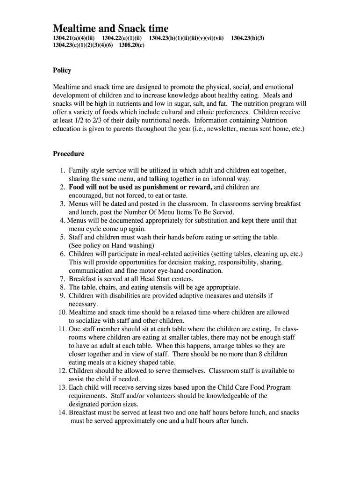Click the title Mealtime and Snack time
tap(110, 28)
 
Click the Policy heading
tap(62, 71)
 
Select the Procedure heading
tap(68, 154)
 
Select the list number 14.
tap(62, 413)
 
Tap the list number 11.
tap(62, 329)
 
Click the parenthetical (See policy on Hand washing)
tap(111, 246)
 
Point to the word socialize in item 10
tap(91, 321)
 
